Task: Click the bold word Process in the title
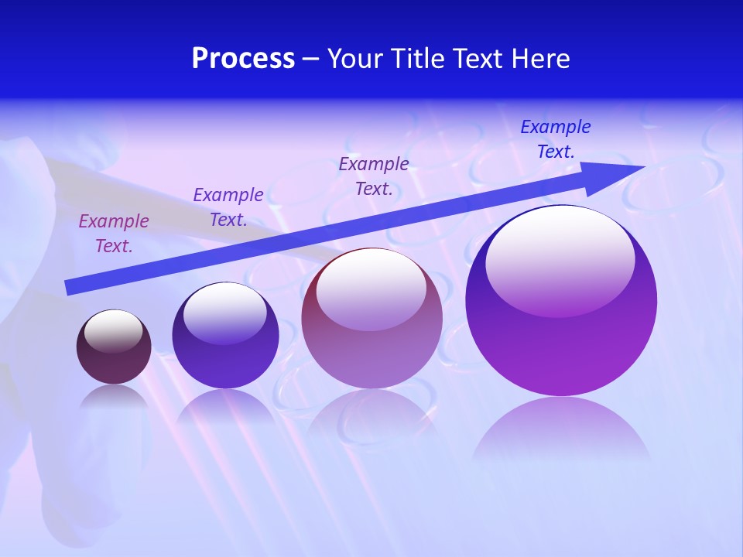click(243, 59)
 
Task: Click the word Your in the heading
click(354, 59)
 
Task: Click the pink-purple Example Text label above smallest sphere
click(114, 234)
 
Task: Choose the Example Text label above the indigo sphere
click(228, 207)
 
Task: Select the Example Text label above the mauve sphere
click(374, 176)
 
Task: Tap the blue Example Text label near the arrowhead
click(556, 139)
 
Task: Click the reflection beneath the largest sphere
click(561, 429)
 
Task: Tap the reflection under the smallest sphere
click(114, 399)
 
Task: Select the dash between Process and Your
click(311, 59)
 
